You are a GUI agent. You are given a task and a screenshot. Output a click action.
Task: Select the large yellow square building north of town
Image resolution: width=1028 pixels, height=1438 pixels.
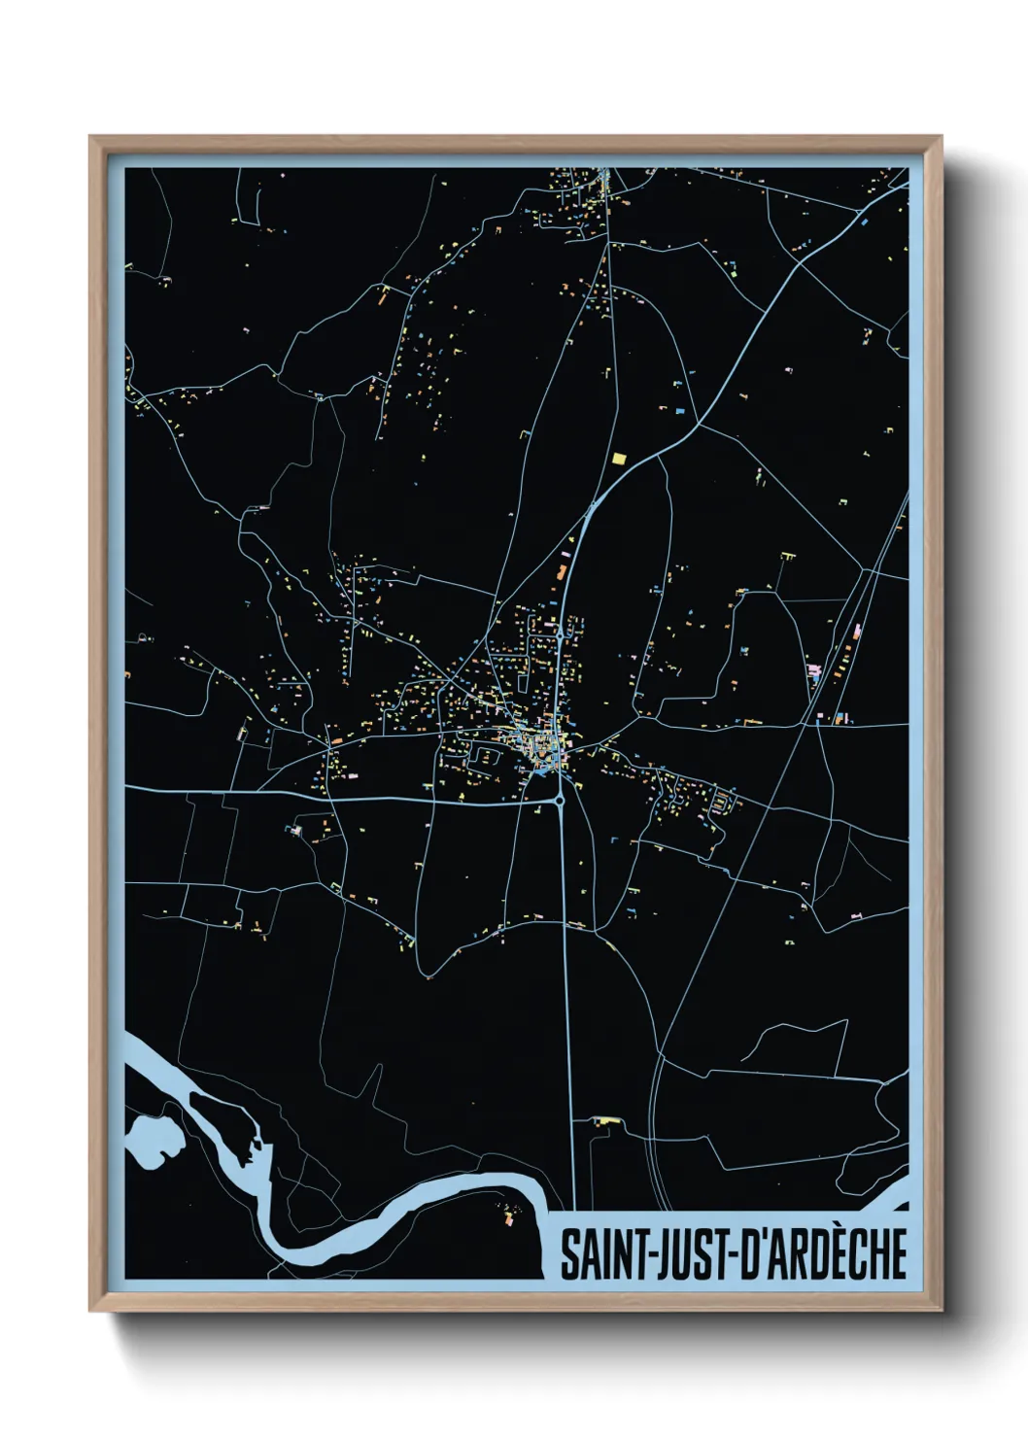(x=619, y=457)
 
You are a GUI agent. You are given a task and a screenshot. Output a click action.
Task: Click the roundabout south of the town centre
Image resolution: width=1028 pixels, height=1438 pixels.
(x=561, y=801)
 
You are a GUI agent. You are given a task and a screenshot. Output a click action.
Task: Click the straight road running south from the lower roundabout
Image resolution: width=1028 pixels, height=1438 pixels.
(x=567, y=972)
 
